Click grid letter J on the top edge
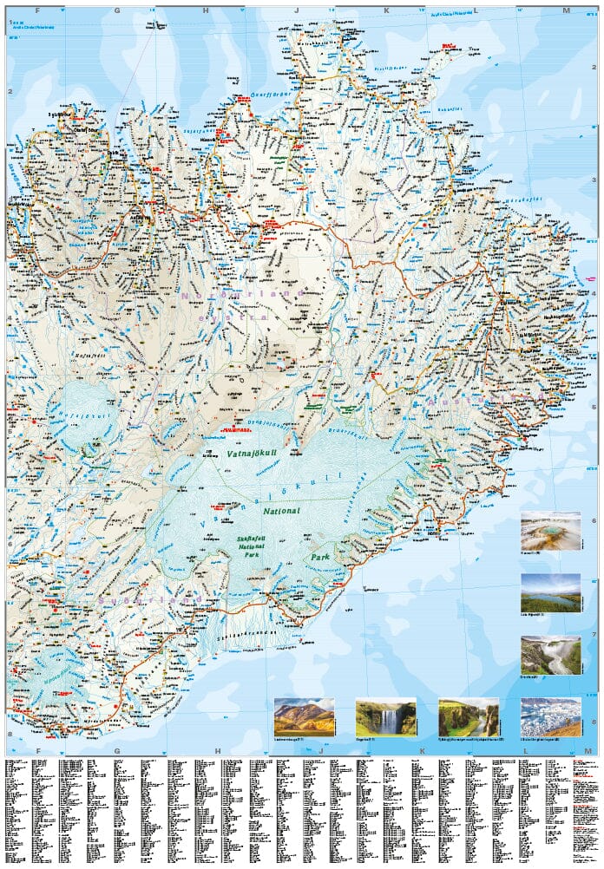297,10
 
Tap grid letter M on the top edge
567,10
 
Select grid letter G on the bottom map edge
117,752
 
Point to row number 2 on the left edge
10,91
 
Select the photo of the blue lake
550,592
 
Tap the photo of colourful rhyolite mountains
304,716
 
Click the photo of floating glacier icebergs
550,716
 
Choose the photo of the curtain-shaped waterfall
385,716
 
